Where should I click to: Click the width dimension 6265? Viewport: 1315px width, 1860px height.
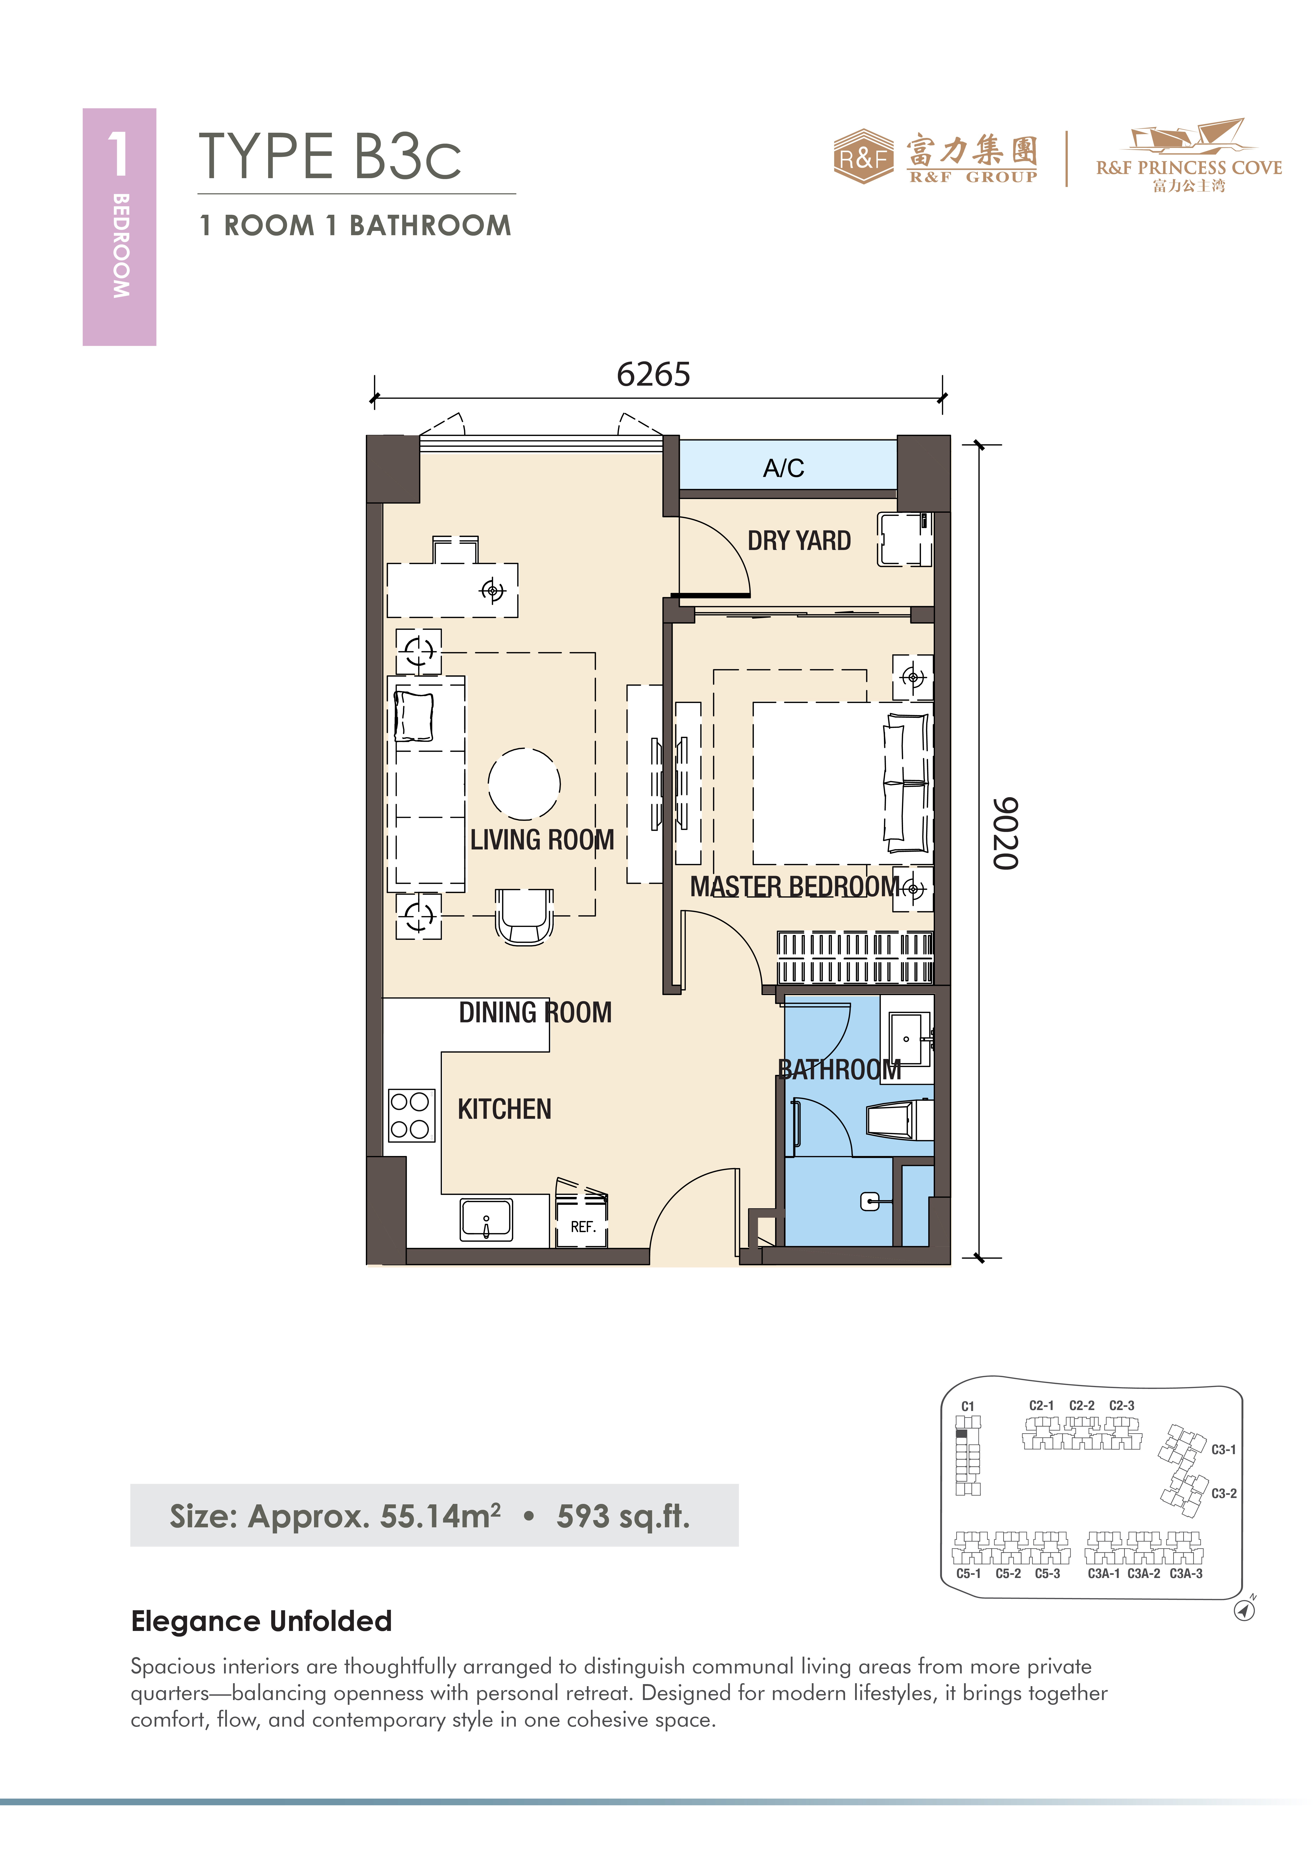coord(653,374)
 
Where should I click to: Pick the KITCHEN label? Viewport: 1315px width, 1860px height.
coord(504,1109)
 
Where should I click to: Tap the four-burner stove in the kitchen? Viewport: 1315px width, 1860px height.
coord(410,1115)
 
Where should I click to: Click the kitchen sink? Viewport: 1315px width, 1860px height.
coord(486,1219)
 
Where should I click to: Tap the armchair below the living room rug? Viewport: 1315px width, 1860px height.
coord(524,916)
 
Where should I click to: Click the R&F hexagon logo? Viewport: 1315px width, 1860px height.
coord(864,156)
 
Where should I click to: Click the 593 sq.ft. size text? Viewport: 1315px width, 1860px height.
coord(623,1516)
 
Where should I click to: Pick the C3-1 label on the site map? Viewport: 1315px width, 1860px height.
coord(1223,1449)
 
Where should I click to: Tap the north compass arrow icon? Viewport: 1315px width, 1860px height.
coord(1245,1610)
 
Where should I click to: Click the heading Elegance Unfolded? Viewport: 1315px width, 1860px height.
coord(262,1621)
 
